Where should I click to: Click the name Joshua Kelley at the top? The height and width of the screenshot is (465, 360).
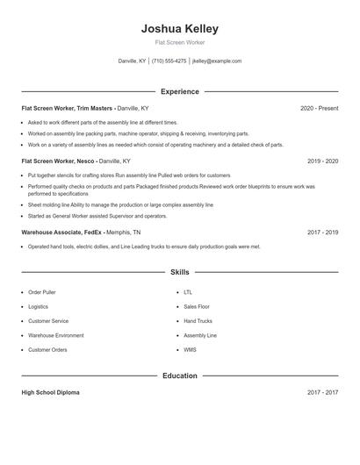point(180,29)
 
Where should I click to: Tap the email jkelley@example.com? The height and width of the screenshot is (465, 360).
point(216,61)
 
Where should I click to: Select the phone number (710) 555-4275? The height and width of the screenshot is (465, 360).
point(169,61)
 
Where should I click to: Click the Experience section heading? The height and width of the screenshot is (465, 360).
point(180,91)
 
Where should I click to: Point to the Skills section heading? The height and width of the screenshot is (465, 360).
point(180,273)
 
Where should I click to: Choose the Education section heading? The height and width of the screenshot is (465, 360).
point(180,376)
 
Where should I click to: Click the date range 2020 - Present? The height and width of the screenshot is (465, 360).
point(320,108)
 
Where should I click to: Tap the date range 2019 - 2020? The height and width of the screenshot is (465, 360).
point(323,161)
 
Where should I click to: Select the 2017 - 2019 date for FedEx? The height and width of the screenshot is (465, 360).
point(323,232)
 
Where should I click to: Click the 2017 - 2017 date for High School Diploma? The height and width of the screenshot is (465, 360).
point(323,392)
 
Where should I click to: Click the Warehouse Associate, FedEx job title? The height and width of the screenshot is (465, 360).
point(61,232)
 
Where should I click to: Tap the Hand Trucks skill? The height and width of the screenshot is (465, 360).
point(198,321)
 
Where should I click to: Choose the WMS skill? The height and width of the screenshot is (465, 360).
point(190,350)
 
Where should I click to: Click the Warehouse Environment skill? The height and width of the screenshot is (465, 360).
point(56,335)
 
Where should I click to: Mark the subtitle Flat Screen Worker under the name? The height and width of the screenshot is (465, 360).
point(180,43)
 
